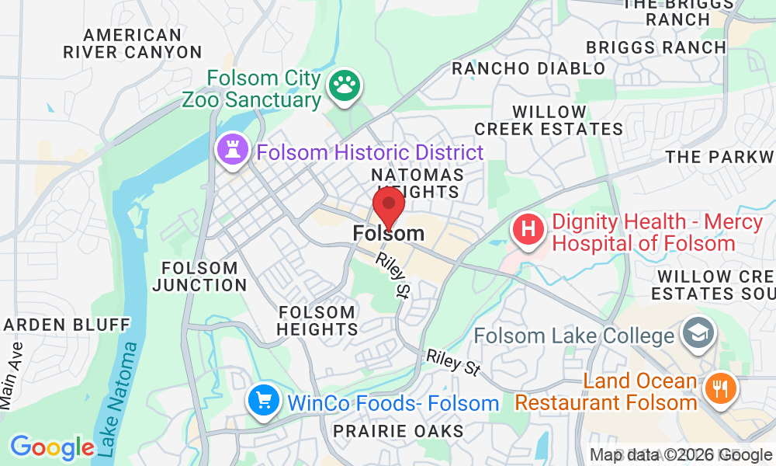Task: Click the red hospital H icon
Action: (528, 230)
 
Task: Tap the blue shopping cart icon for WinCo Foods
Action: (264, 401)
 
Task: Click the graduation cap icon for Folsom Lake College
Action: (695, 334)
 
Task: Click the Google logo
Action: (51, 447)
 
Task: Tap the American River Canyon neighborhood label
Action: (133, 44)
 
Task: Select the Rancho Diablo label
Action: (528, 68)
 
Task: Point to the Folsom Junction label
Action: (199, 276)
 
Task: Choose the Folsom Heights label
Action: (317, 320)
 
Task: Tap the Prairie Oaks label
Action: (398, 430)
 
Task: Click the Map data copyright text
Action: (681, 455)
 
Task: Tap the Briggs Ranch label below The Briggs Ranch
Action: (656, 47)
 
